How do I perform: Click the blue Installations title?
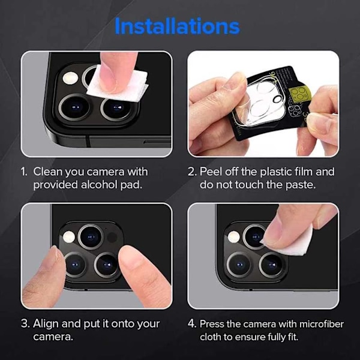tap(177, 26)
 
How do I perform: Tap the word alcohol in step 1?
tap(99, 185)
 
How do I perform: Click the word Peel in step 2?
tap(211, 172)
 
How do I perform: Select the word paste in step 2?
tap(301, 185)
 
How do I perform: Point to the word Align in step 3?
tap(46, 324)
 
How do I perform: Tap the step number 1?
tap(24, 172)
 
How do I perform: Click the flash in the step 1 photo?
tap(70, 77)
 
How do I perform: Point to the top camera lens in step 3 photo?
tap(91, 237)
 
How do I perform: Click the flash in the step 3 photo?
tap(69, 237)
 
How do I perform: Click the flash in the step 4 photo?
tap(234, 237)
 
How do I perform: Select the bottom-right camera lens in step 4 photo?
tap(272, 265)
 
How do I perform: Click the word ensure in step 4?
tap(250, 337)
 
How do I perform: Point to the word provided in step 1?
tap(55, 185)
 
